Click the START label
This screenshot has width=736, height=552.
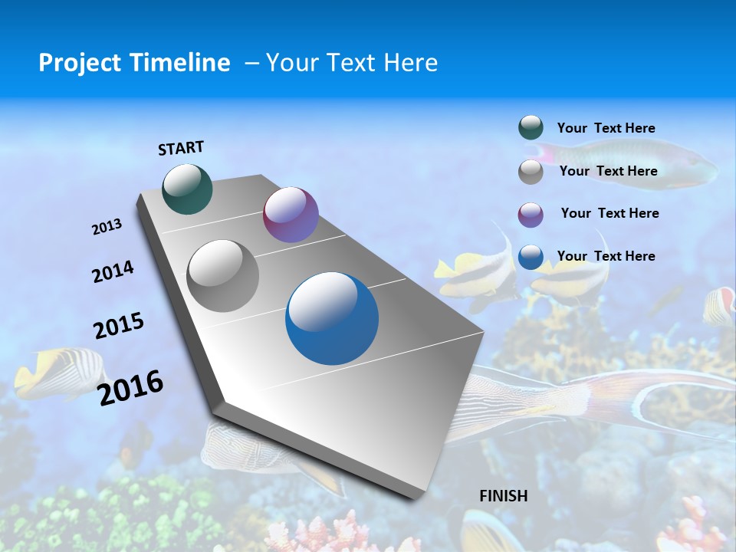coord(181,148)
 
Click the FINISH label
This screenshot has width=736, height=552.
coord(503,496)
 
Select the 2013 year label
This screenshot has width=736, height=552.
coord(107,227)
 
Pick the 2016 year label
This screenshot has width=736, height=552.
coord(131,387)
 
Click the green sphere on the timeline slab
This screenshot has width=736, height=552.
coord(187,189)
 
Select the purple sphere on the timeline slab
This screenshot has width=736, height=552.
coord(291,215)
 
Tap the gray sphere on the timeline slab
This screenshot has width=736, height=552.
coord(223,276)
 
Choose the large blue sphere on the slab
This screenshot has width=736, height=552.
coord(332,318)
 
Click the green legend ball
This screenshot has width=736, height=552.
coord(531,128)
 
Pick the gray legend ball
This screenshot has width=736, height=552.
coord(531,171)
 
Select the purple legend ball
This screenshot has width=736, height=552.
coord(531,214)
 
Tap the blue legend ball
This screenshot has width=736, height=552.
coord(531,257)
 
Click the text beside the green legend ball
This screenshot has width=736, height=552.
coord(606,128)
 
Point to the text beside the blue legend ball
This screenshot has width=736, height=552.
coord(606,256)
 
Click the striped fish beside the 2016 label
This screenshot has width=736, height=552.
coord(61,373)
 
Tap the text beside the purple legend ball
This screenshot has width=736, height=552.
coord(609,213)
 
